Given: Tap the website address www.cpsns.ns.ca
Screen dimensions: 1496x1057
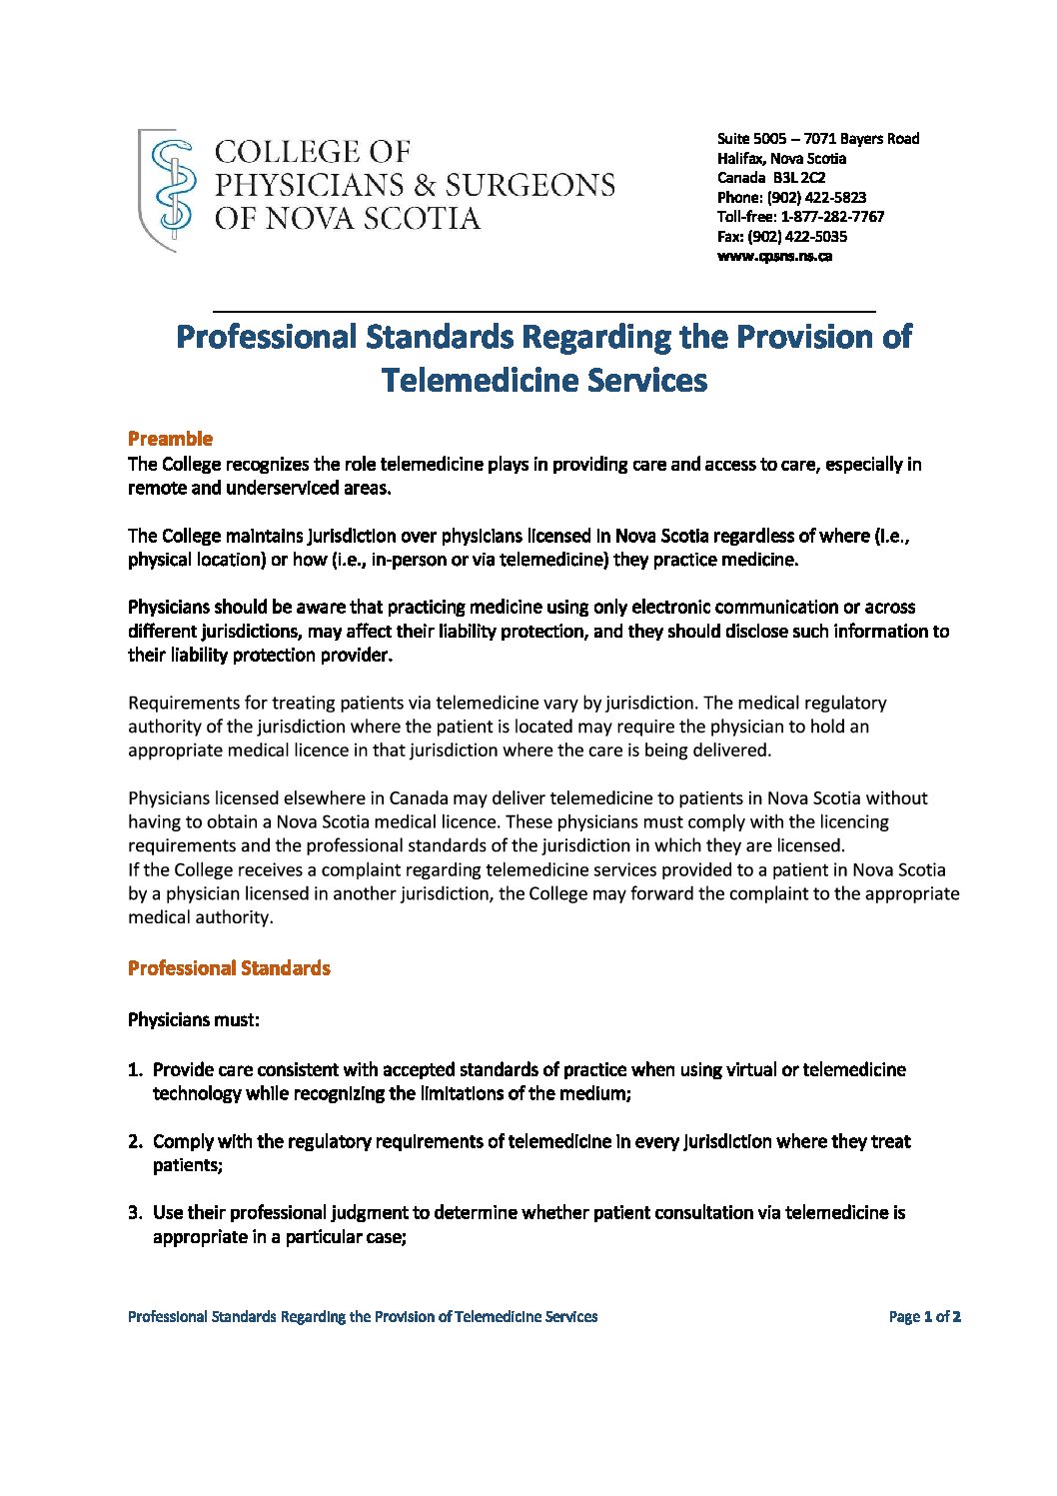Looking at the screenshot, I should (x=774, y=256).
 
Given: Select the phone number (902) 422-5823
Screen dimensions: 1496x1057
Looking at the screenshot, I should (x=816, y=198).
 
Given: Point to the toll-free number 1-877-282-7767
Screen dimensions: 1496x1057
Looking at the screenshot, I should (x=832, y=217).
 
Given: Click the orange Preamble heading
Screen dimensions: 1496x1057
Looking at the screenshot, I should (x=170, y=439).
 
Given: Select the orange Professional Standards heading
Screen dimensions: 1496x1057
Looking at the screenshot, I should (x=229, y=968).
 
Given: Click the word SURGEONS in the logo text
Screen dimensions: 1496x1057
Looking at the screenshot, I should (x=529, y=186).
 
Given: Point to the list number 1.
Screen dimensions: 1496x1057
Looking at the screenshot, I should (x=135, y=1070).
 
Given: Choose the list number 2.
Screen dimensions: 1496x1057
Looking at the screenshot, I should (x=135, y=1142).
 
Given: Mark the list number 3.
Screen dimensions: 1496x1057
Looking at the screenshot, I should (x=135, y=1213).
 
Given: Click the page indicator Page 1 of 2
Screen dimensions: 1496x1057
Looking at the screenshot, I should (x=924, y=1317).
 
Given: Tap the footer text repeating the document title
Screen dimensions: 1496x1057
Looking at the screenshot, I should (x=363, y=1317).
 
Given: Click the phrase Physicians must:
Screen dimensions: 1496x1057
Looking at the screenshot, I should (x=194, y=1020).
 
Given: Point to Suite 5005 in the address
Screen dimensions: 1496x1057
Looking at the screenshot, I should (x=751, y=139).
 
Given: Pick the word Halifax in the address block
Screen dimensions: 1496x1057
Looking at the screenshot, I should (x=740, y=159).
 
